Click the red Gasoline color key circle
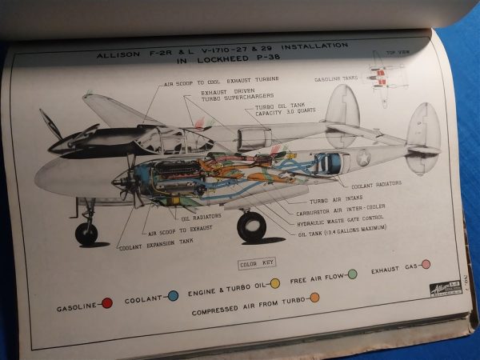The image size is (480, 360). click(107, 302)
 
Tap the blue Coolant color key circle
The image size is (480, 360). click(173, 295)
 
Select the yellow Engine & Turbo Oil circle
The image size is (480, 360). click(274, 282)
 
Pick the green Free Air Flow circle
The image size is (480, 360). click(352, 274)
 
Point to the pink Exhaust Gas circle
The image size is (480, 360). click(426, 264)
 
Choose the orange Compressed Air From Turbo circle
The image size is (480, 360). click(314, 298)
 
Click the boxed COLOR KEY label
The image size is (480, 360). click(256, 263)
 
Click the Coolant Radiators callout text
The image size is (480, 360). click(376, 186)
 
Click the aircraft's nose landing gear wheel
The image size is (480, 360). click(86, 234)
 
